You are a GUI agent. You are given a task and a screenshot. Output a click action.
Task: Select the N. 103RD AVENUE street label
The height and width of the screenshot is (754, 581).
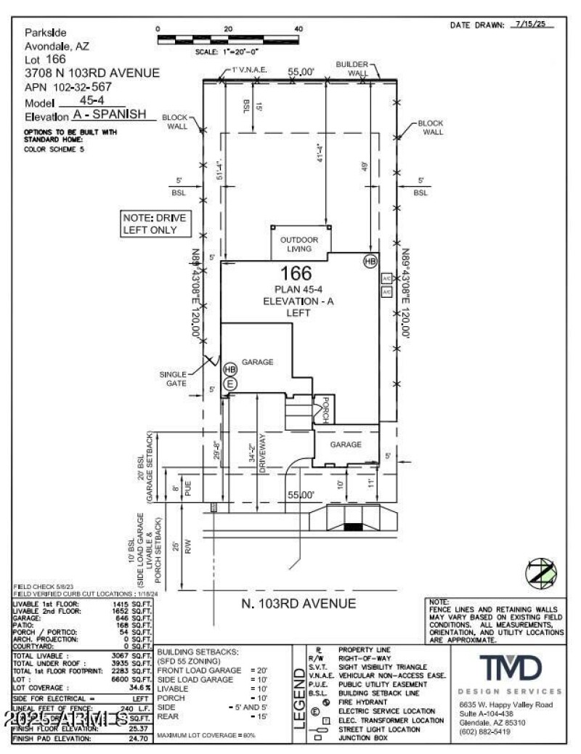pos(298,603)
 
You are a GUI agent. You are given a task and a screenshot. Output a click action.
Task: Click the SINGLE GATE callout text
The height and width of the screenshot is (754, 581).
pos(174,378)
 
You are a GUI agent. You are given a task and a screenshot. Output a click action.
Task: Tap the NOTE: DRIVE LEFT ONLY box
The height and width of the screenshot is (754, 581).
pos(159,224)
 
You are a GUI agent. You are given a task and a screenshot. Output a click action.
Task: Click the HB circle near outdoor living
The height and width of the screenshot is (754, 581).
pos(370,261)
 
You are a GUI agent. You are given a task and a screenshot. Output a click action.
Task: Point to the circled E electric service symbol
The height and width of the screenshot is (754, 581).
pos(230,384)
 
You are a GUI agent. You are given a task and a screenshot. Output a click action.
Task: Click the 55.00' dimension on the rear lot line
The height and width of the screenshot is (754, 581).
pos(301,72)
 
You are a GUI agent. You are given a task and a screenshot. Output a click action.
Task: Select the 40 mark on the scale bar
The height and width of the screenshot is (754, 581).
pos(298,29)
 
